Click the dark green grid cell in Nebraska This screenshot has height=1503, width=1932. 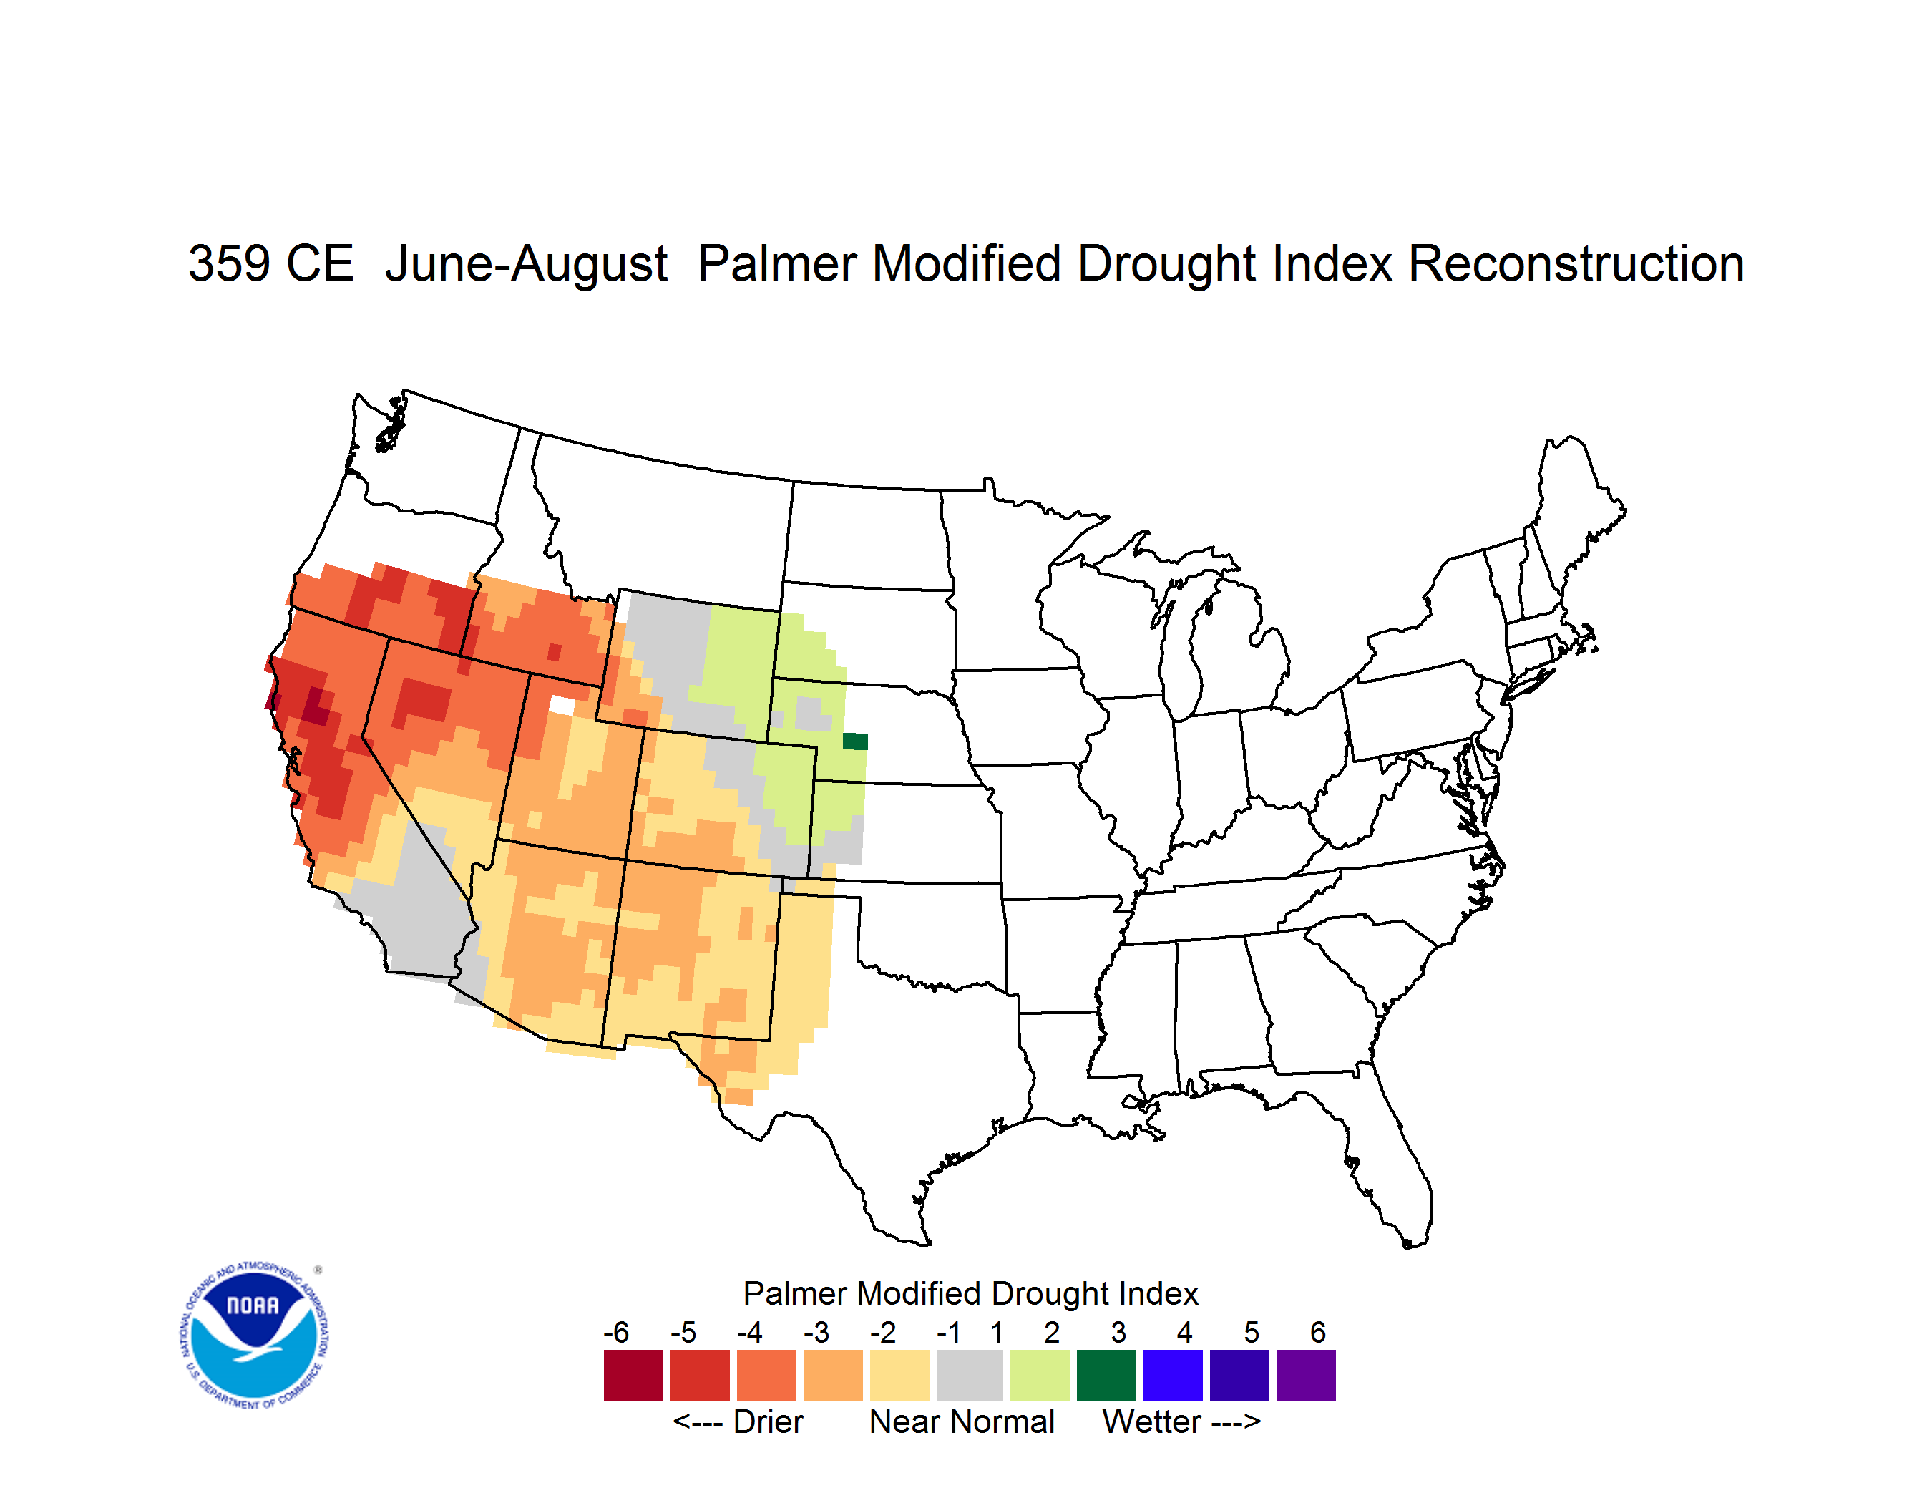point(854,741)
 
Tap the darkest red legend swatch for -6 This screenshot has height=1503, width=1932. point(633,1375)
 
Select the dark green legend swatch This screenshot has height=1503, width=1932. point(1106,1375)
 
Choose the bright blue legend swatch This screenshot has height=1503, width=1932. point(1173,1375)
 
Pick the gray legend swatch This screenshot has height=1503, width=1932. point(970,1375)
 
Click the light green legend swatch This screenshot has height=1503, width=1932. point(1040,1375)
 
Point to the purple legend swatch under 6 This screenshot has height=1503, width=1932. point(1306,1375)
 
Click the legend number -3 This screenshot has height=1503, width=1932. point(816,1332)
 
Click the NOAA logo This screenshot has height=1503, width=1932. point(255,1336)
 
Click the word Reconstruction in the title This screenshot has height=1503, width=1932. point(1576,263)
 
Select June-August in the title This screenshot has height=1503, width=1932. point(527,263)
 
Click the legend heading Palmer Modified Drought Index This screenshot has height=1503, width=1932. point(970,1293)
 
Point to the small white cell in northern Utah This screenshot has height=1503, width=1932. point(562,705)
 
